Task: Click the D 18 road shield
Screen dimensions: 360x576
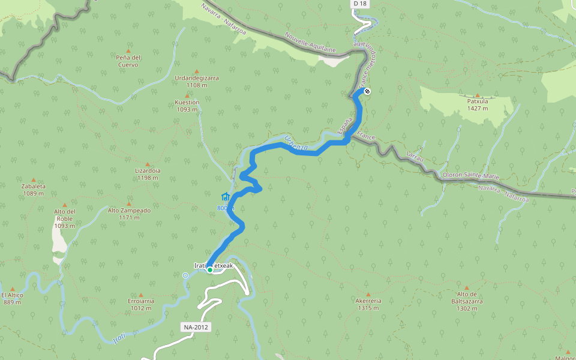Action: click(359, 4)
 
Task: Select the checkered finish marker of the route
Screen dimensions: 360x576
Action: click(367, 91)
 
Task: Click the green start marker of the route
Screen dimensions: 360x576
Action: click(209, 270)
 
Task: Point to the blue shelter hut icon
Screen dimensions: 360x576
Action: click(226, 196)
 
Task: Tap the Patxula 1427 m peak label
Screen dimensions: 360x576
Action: click(478, 104)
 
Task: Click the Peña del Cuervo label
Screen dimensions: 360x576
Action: click(128, 61)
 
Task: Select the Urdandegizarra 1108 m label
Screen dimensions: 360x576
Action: click(196, 82)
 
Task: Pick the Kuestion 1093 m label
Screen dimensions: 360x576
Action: click(187, 106)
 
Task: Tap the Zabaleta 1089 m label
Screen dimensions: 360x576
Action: click(33, 190)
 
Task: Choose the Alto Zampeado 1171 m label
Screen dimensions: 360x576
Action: click(129, 214)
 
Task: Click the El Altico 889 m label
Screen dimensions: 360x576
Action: click(12, 298)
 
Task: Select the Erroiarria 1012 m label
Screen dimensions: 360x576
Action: click(141, 304)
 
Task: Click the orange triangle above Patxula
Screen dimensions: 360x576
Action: click(478, 95)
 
